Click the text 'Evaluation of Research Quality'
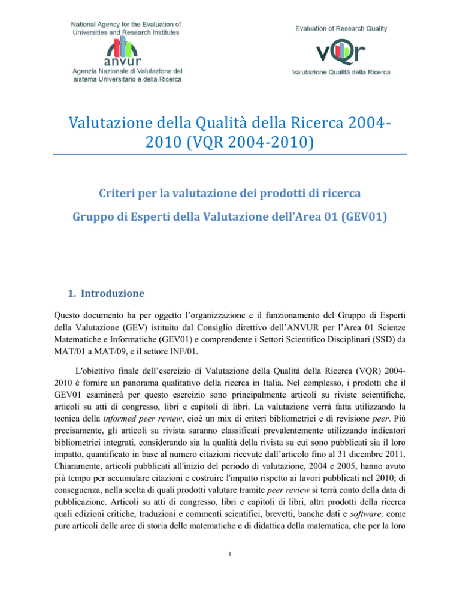341,28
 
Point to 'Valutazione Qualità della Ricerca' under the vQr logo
341,73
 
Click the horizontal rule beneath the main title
229,155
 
